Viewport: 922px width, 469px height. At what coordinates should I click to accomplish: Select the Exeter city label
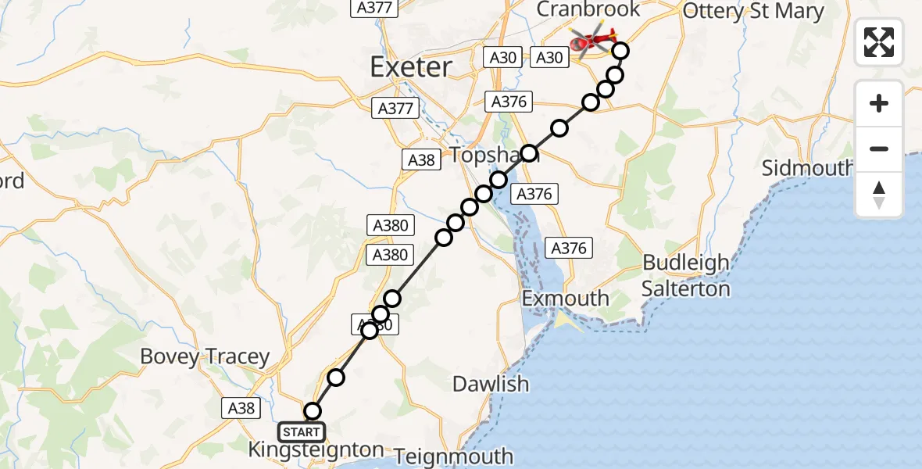coord(411,67)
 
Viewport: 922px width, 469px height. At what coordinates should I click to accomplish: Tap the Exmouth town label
coord(566,299)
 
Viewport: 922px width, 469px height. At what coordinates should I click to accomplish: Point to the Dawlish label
coord(491,385)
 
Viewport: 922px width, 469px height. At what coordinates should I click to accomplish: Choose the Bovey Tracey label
coord(205,357)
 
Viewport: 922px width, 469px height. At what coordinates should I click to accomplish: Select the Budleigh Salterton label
coord(686,276)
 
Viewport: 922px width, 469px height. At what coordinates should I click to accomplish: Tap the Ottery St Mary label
coord(753,11)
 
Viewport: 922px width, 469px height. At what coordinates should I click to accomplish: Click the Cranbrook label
coord(589,9)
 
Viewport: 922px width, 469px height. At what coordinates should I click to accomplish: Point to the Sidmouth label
coord(807,169)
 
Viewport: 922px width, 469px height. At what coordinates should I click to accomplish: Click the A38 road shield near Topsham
coord(420,160)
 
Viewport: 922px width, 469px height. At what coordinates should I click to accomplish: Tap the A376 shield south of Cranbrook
coord(509,102)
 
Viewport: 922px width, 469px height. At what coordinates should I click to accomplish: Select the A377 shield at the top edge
coord(375,8)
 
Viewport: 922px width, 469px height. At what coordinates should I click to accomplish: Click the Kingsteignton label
coord(316,450)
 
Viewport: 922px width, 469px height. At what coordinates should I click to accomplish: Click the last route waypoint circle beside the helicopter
coord(620,52)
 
